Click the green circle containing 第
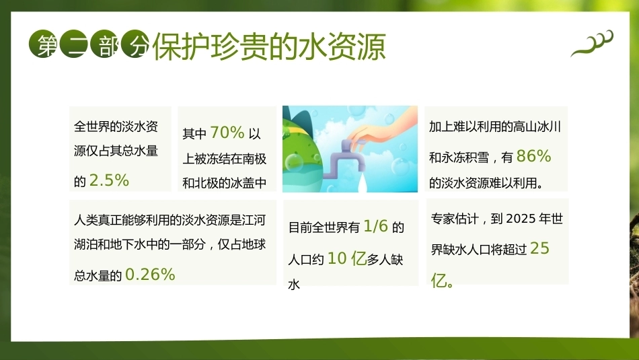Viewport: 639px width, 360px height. point(43,44)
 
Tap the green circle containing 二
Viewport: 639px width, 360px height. point(74,44)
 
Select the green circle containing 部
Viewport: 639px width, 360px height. point(105,44)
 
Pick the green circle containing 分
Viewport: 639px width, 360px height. point(135,44)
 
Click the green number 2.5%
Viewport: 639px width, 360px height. point(109,180)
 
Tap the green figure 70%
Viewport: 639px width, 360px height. point(227,133)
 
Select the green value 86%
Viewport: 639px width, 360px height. point(533,156)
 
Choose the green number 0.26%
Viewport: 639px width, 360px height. point(151,275)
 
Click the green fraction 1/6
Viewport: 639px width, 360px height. point(375,226)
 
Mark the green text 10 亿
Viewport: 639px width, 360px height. point(347,258)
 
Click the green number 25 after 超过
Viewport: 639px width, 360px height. point(539,248)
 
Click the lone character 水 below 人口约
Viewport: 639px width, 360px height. point(294,284)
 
